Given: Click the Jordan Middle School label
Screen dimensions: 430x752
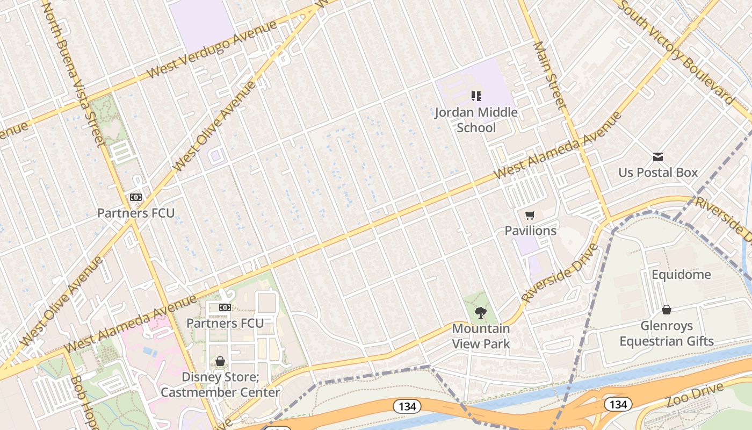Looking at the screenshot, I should [x=476, y=120].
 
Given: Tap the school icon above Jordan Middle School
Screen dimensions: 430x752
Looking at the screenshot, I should [x=476, y=96].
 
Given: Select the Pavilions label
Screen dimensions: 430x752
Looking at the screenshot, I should [x=530, y=231].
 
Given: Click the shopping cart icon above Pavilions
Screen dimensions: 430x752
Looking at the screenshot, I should [x=530, y=216].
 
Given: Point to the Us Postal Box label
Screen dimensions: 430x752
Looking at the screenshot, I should [x=658, y=173].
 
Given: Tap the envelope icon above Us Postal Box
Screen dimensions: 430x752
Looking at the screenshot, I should [x=658, y=157].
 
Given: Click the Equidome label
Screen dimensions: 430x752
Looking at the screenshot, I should [x=681, y=275].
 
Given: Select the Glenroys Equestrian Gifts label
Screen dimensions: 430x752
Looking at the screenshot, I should [x=667, y=333].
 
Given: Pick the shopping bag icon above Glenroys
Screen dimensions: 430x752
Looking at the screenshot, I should [x=667, y=310].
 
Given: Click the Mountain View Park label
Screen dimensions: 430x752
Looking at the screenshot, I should [x=481, y=336].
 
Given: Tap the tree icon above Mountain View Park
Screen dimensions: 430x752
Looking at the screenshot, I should [x=481, y=312].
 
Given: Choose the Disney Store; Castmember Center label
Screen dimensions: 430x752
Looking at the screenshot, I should [x=220, y=384].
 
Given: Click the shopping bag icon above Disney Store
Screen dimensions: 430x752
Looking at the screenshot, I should [x=220, y=361].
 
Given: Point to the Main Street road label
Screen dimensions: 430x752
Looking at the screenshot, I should [x=549, y=76].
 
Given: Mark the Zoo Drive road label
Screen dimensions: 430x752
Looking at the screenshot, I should [x=692, y=396].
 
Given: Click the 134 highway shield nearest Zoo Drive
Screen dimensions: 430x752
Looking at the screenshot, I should [x=618, y=404].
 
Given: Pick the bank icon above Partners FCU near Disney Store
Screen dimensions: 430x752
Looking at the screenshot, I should [x=225, y=307].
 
